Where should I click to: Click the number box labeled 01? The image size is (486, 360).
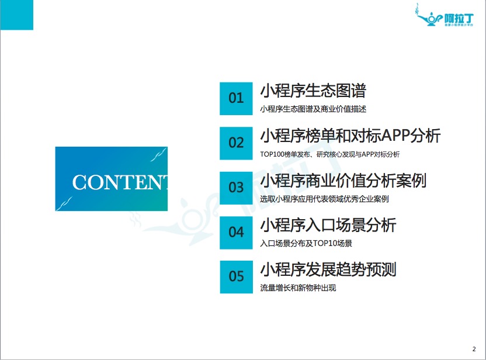coord(236,99)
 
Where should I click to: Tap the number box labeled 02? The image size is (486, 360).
coord(236,143)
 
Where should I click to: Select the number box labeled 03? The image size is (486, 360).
coord(236,188)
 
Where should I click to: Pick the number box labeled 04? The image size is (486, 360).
coord(236,233)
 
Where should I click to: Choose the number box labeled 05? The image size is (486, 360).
coord(236,277)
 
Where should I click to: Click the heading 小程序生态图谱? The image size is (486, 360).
coord(313,91)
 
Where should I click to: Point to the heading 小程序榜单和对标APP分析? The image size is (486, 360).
coord(350,136)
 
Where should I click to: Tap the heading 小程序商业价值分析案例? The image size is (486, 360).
coord(343,181)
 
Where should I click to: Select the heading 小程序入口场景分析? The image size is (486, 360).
coord(328,225)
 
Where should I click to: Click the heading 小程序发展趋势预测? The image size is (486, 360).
coord(328,269)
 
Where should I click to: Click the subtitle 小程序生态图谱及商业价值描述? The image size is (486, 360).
coord(313,109)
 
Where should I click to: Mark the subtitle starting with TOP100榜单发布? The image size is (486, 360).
coord(330,154)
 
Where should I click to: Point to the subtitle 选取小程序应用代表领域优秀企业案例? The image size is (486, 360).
coord(324,199)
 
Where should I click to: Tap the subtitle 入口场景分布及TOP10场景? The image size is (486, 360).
coord(306,244)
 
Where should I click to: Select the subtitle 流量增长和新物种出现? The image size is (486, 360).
coord(298,288)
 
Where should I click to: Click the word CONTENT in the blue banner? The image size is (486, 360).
coord(120,182)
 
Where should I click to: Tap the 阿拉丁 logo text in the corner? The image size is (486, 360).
coord(459,19)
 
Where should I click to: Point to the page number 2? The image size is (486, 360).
coord(474,349)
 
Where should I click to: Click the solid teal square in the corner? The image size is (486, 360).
coord(17,15)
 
